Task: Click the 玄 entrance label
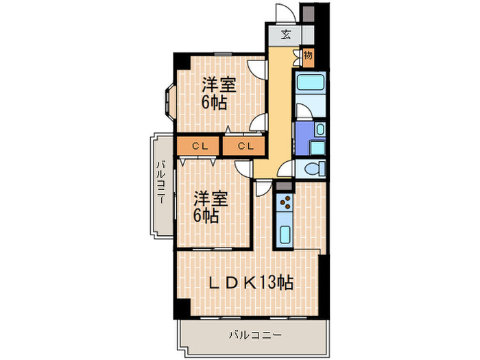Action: [x=285, y=34]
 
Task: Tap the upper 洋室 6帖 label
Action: [x=218, y=95]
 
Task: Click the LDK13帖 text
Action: [x=250, y=282]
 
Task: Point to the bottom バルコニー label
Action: [x=253, y=335]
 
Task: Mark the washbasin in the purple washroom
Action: [x=320, y=130]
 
